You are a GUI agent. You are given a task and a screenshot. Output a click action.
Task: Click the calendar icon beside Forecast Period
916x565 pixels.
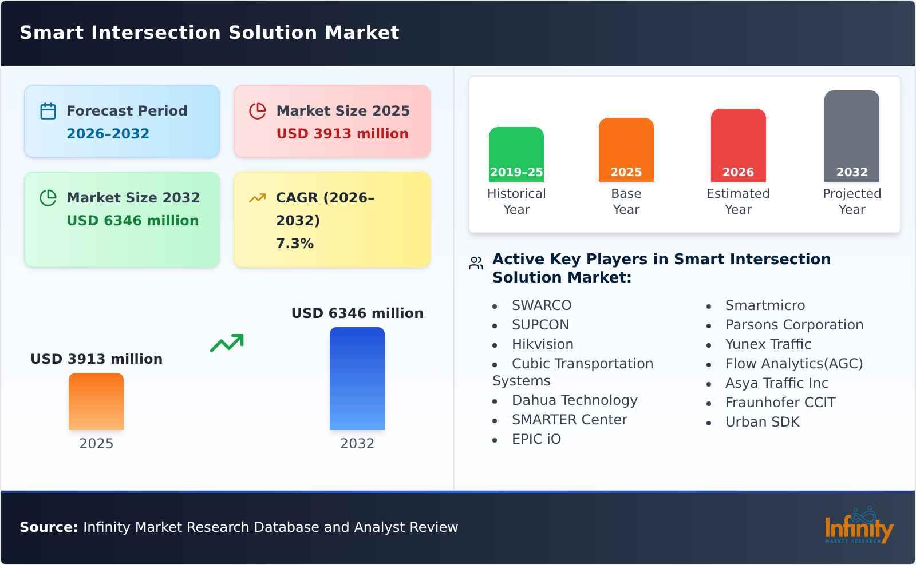coord(48,111)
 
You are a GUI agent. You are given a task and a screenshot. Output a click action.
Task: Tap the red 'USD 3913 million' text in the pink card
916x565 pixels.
coord(342,134)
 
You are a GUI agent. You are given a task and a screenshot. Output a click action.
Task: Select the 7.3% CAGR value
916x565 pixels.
coord(294,244)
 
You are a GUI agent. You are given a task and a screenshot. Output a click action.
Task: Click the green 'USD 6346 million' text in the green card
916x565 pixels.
coord(132,221)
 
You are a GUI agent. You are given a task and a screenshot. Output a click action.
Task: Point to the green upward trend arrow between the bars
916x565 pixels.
coord(227,343)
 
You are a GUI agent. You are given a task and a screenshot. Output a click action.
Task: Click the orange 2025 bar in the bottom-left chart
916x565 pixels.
coord(96,401)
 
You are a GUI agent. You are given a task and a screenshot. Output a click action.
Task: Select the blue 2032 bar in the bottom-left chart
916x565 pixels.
coord(357,379)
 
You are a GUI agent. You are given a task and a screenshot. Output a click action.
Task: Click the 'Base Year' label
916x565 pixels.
coord(626,201)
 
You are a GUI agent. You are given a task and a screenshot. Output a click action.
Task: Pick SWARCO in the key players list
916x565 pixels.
coord(541,305)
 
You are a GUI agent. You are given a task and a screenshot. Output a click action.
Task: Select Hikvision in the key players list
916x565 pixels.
coord(542,344)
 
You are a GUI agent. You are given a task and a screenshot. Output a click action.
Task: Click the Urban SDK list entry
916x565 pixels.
coord(762,422)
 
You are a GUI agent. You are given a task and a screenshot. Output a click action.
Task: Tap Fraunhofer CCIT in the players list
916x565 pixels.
coord(780,403)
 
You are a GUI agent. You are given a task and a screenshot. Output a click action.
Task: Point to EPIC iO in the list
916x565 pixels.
coord(536,439)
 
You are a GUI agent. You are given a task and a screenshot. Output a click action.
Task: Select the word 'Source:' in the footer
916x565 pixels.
coord(49,527)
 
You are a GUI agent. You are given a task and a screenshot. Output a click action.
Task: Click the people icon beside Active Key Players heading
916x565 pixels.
coord(476,263)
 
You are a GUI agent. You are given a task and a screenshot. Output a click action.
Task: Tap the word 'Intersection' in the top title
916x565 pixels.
coord(157,33)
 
